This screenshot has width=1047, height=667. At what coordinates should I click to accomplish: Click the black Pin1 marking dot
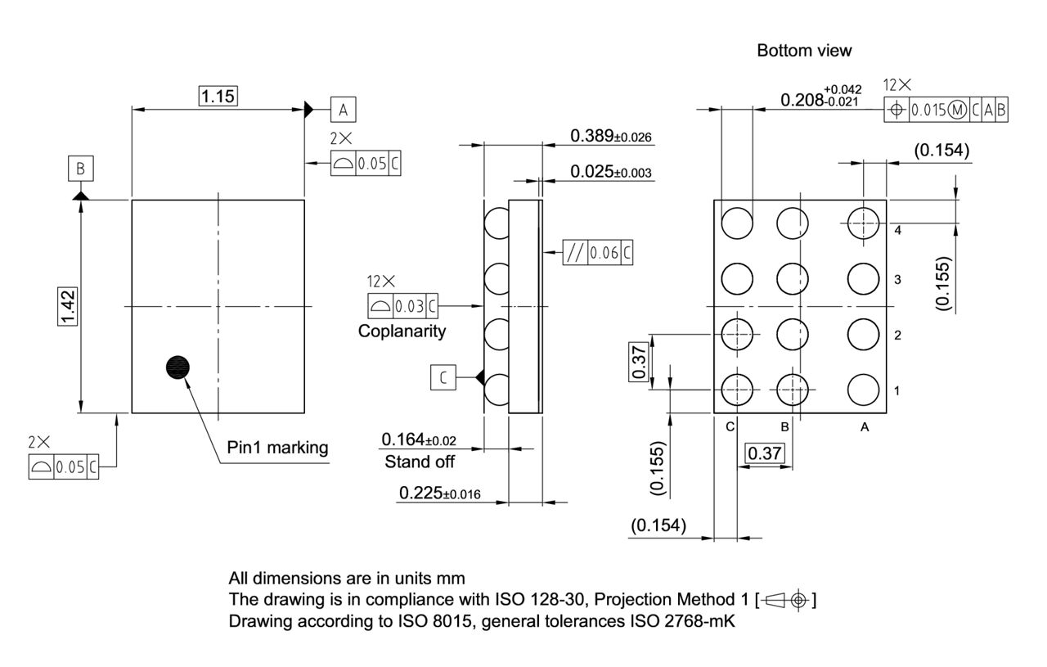coord(177,367)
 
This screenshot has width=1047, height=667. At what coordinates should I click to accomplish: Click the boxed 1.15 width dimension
coord(218,97)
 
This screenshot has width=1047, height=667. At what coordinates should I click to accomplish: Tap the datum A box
coord(344,109)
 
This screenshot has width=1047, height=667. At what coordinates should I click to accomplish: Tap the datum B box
coord(80,169)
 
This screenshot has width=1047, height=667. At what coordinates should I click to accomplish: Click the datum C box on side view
coord(443,377)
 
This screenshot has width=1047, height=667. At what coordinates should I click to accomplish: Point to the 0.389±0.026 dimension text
coord(610,136)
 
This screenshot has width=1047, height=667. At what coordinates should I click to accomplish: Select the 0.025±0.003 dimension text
coord(610,172)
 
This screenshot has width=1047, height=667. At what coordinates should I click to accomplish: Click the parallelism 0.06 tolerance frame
coord(598,253)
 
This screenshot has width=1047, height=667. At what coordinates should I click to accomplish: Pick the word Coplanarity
coord(402,331)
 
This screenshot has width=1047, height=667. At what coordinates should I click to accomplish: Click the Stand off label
coord(419,462)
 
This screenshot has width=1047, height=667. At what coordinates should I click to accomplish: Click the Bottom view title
coord(804,51)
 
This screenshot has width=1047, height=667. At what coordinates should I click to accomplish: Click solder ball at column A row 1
coord(863,390)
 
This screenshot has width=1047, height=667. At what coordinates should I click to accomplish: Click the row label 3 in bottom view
coord(898,280)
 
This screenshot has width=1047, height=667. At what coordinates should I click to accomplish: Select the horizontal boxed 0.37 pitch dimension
coord(766,453)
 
